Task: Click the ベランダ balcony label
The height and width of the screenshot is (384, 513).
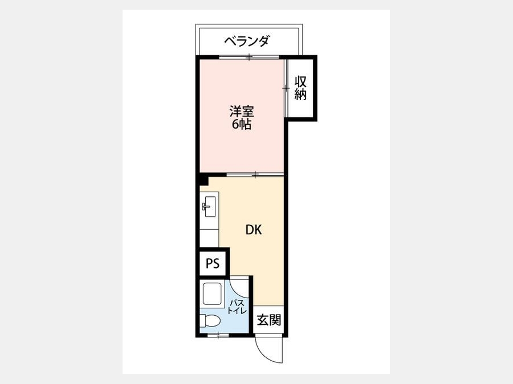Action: coord(247,41)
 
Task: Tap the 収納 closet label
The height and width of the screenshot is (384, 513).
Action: coord(300,88)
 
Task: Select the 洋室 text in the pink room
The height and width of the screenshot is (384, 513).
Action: coord(242,112)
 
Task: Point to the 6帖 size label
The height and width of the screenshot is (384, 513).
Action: coord(242,125)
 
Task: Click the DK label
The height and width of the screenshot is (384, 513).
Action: coord(254,230)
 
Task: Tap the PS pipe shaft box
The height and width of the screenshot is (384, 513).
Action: coord(213,263)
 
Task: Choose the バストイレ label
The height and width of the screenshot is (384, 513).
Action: coord(237,306)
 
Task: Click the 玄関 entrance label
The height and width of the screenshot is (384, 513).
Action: coord(268,320)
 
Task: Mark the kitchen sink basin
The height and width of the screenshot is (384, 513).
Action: coord(209,207)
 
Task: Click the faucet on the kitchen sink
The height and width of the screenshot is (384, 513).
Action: coord(205,207)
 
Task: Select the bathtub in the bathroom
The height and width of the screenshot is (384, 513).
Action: coord(212,294)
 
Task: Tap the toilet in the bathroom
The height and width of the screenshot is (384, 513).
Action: coord(210,320)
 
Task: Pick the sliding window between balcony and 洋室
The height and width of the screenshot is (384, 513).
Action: coord(249,57)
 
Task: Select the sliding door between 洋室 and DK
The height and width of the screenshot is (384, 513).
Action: coord(255,175)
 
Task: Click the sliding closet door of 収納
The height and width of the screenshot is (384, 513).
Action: coord(286,88)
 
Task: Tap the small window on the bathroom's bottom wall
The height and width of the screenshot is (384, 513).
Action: coord(218,335)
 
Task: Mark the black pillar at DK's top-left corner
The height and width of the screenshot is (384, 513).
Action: coord(203,179)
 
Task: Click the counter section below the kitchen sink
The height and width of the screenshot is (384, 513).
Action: coord(209,238)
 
